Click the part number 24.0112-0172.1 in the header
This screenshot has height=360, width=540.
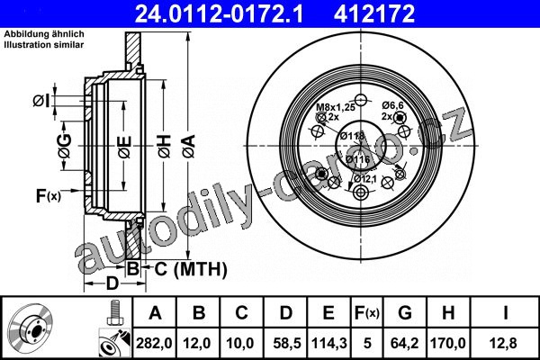coord(219,13)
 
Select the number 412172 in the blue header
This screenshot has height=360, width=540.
coord(374,13)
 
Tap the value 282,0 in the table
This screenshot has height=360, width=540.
coord(154,343)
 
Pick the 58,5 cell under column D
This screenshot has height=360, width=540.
coord(287,343)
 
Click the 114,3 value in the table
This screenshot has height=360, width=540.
coord(328,343)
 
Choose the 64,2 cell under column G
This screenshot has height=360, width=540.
coord(405,343)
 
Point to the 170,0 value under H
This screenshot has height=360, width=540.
coord(447,343)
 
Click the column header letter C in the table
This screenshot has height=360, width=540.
coord(242,313)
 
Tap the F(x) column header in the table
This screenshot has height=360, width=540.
coord(367,313)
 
